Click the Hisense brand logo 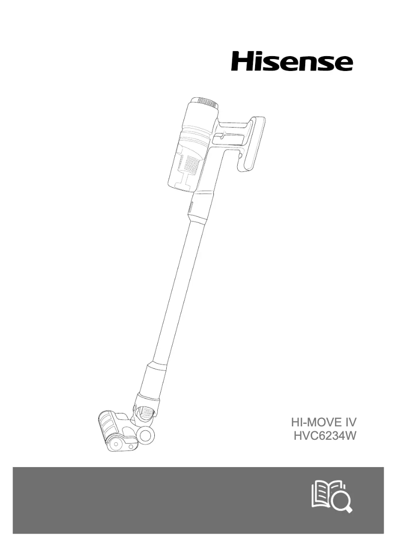coord(292,62)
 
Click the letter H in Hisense coord(241,62)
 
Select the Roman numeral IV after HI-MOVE coord(350,422)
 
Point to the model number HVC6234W coord(325,436)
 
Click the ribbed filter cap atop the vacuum coord(209,102)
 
